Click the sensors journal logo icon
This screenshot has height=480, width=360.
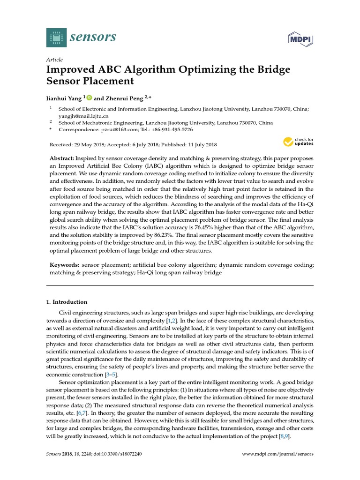click(57, 37)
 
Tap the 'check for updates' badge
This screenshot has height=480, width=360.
click(299, 142)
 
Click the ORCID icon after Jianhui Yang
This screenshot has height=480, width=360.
click(90, 97)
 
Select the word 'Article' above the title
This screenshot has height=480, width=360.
click(54, 60)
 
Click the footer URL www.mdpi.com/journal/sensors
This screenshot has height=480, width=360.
click(277, 454)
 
